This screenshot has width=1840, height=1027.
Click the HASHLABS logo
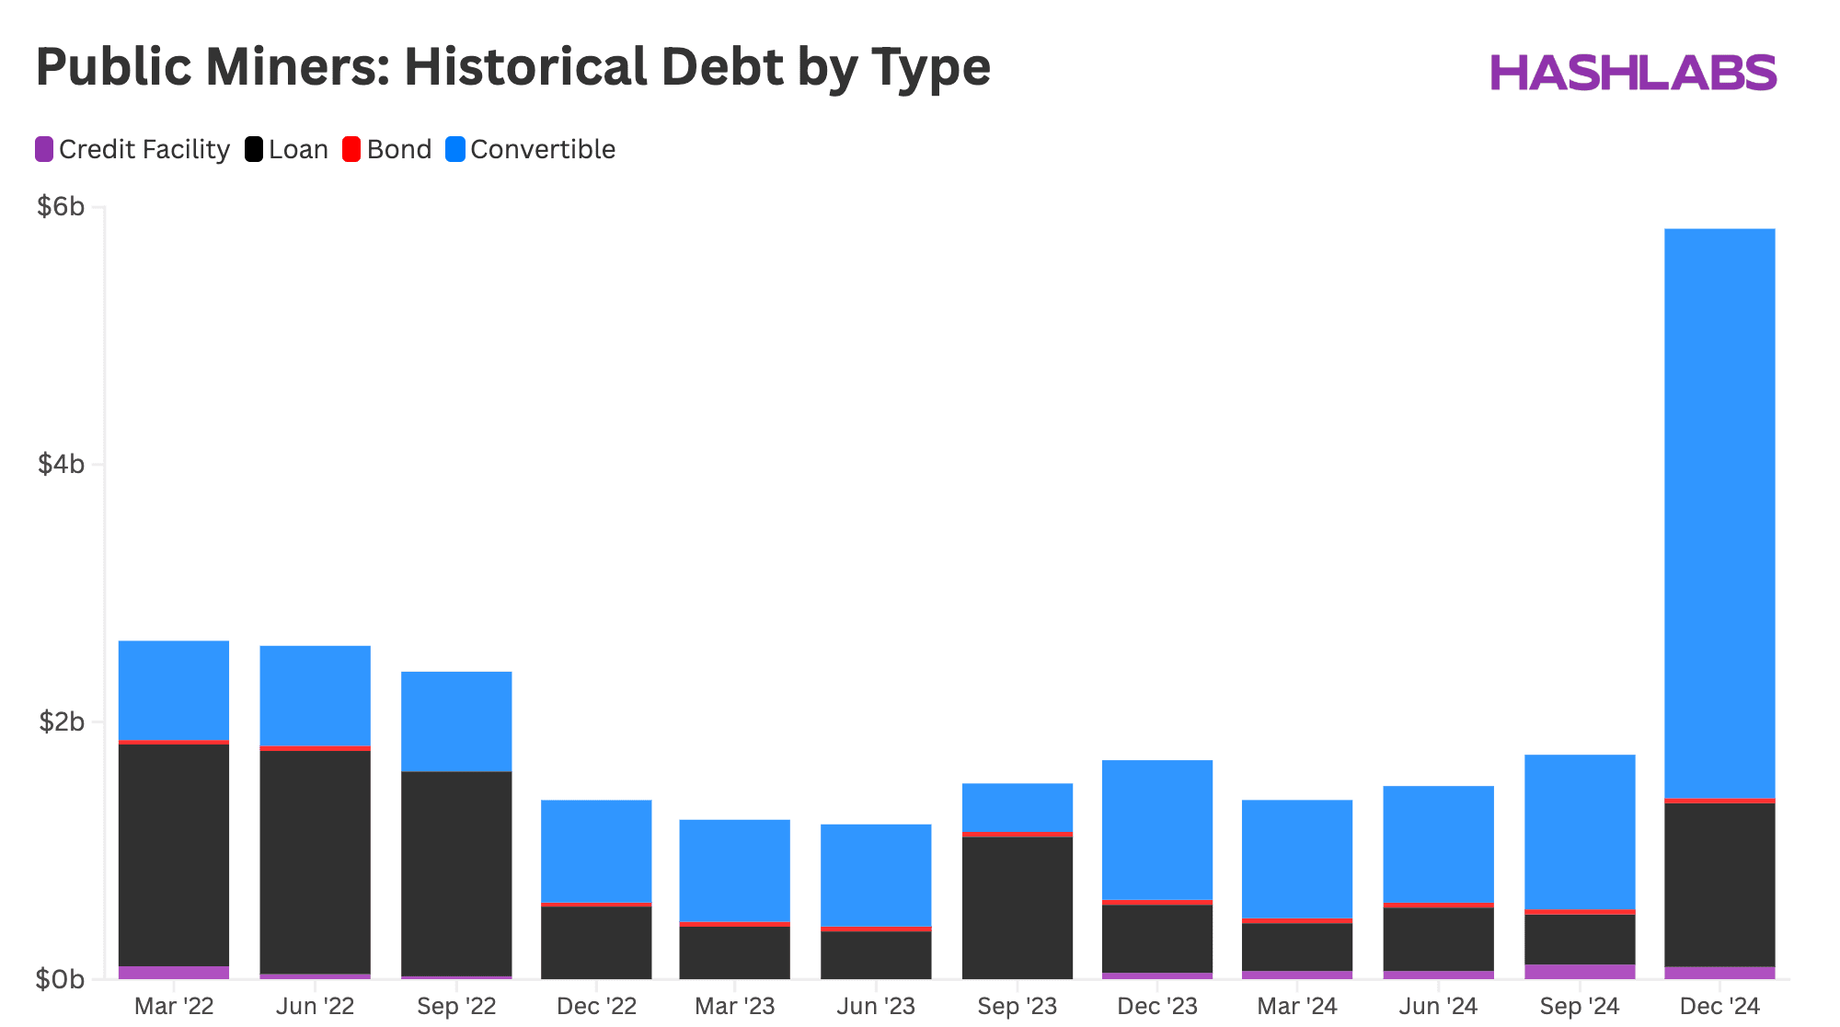tap(1632, 73)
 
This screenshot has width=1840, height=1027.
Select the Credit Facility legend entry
tap(132, 149)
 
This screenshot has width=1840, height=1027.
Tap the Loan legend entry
tap(287, 149)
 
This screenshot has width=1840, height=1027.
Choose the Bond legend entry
tap(387, 149)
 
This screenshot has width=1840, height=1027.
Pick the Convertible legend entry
tap(531, 149)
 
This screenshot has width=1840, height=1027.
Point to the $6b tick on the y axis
tap(62, 207)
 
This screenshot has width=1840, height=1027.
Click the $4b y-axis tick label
tap(62, 465)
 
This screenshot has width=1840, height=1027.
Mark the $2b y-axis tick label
tap(62, 722)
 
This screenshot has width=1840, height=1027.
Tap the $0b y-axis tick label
tap(62, 980)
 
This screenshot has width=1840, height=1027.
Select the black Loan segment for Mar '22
tap(174, 855)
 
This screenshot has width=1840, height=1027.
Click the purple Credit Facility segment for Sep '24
tap(1580, 972)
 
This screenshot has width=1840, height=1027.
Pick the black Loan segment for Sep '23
tap(1018, 907)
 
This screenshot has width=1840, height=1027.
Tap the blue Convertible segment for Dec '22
tap(596, 851)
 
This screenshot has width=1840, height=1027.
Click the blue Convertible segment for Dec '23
tap(1157, 829)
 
